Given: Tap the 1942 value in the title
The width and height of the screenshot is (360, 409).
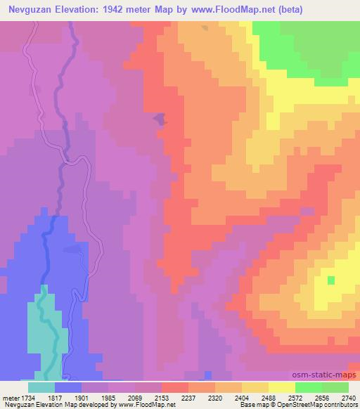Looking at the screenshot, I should (x=131, y=10).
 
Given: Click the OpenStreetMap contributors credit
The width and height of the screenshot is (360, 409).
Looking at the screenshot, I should (x=317, y=405).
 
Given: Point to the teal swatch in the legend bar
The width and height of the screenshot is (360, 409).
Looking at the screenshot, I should (x=41, y=387).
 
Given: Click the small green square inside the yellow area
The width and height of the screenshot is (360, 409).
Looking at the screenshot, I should (x=331, y=280).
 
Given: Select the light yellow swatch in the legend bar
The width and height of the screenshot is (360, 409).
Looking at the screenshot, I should (x=282, y=387).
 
